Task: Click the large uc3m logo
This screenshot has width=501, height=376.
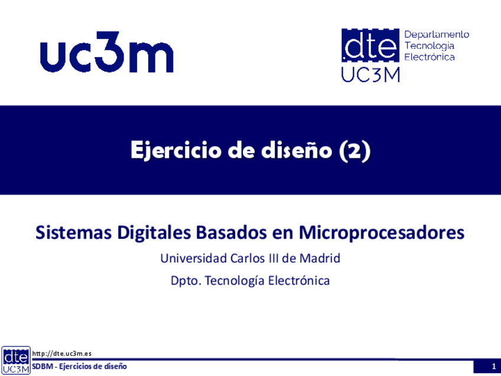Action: click(x=107, y=52)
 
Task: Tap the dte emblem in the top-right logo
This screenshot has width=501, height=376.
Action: click(x=370, y=45)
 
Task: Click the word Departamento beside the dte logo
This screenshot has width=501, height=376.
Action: click(x=437, y=34)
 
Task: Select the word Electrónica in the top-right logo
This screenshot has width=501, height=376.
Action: click(x=430, y=57)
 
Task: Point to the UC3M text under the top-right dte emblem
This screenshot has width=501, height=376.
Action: click(x=370, y=76)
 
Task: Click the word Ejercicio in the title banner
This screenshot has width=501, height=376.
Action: click(x=175, y=150)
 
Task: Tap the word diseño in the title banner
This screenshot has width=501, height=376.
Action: click(x=296, y=150)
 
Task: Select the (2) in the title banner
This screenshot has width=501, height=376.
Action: click(x=354, y=150)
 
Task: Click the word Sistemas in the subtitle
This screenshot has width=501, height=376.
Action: click(x=73, y=232)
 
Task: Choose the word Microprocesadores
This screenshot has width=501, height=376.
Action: click(x=382, y=233)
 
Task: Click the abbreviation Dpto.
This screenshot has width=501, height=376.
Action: click(x=186, y=281)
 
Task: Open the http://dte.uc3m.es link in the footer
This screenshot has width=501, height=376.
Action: click(x=62, y=354)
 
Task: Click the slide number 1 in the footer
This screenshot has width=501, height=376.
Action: click(x=494, y=367)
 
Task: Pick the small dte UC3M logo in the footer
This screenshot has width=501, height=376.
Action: click(x=15, y=361)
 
